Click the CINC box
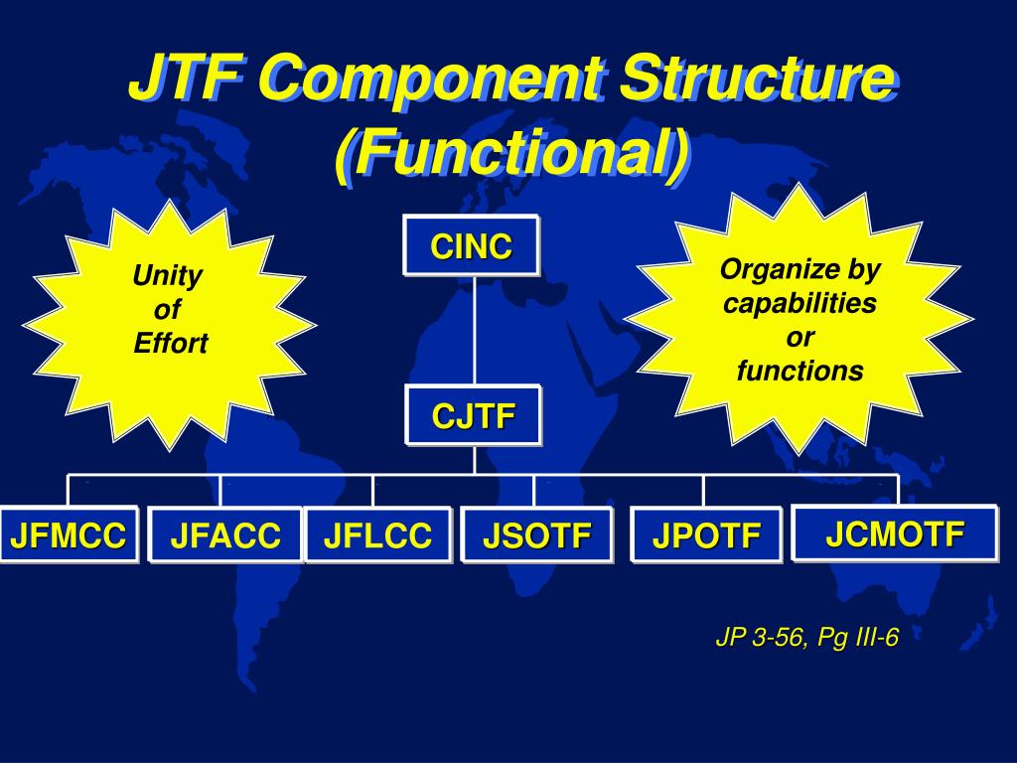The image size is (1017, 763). pos(471,245)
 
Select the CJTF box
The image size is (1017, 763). pos(474,416)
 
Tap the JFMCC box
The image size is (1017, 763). pos(68,535)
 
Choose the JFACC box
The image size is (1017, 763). pos(224,535)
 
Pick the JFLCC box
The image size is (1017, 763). pos(377,535)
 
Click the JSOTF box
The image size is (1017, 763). pos(536,536)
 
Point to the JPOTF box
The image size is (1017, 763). pos(706,536)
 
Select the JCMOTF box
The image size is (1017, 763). pos(895,534)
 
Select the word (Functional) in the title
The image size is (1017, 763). pos(509,156)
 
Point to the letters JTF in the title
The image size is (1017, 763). pos(188,79)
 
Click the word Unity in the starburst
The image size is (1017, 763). pos(168,276)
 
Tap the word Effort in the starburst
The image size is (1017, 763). pos(170,345)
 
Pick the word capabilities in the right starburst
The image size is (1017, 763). pos(799,303)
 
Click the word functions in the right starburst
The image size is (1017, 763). pos(799,371)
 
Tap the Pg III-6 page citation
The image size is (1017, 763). pos(858,638)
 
